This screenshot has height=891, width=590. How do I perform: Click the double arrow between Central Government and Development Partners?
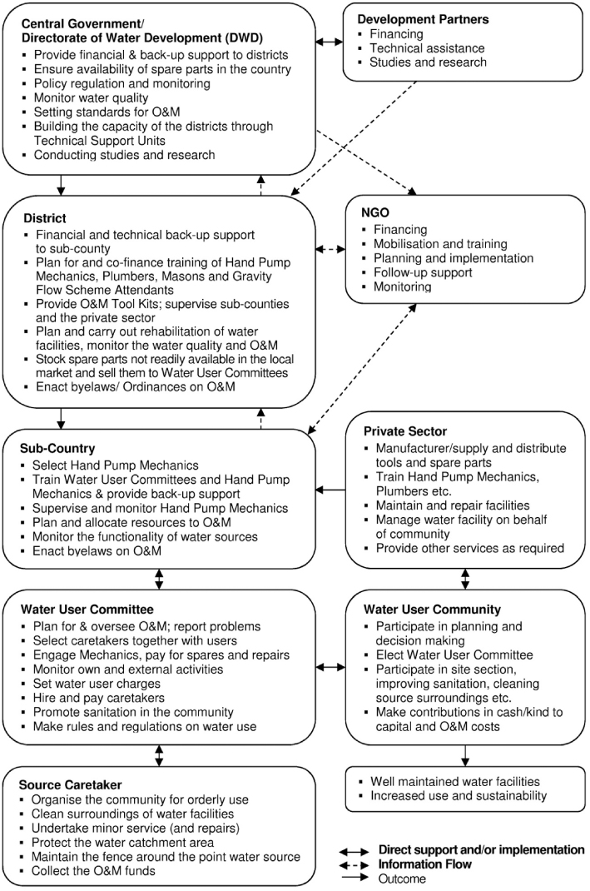tap(330, 41)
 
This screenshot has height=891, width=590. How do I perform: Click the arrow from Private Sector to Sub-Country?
tap(330, 490)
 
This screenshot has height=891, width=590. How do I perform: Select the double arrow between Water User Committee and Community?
tap(330, 666)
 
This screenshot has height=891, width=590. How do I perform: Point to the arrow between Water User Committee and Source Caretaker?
tap(159, 755)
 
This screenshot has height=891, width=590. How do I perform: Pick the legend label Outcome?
tap(403, 879)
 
